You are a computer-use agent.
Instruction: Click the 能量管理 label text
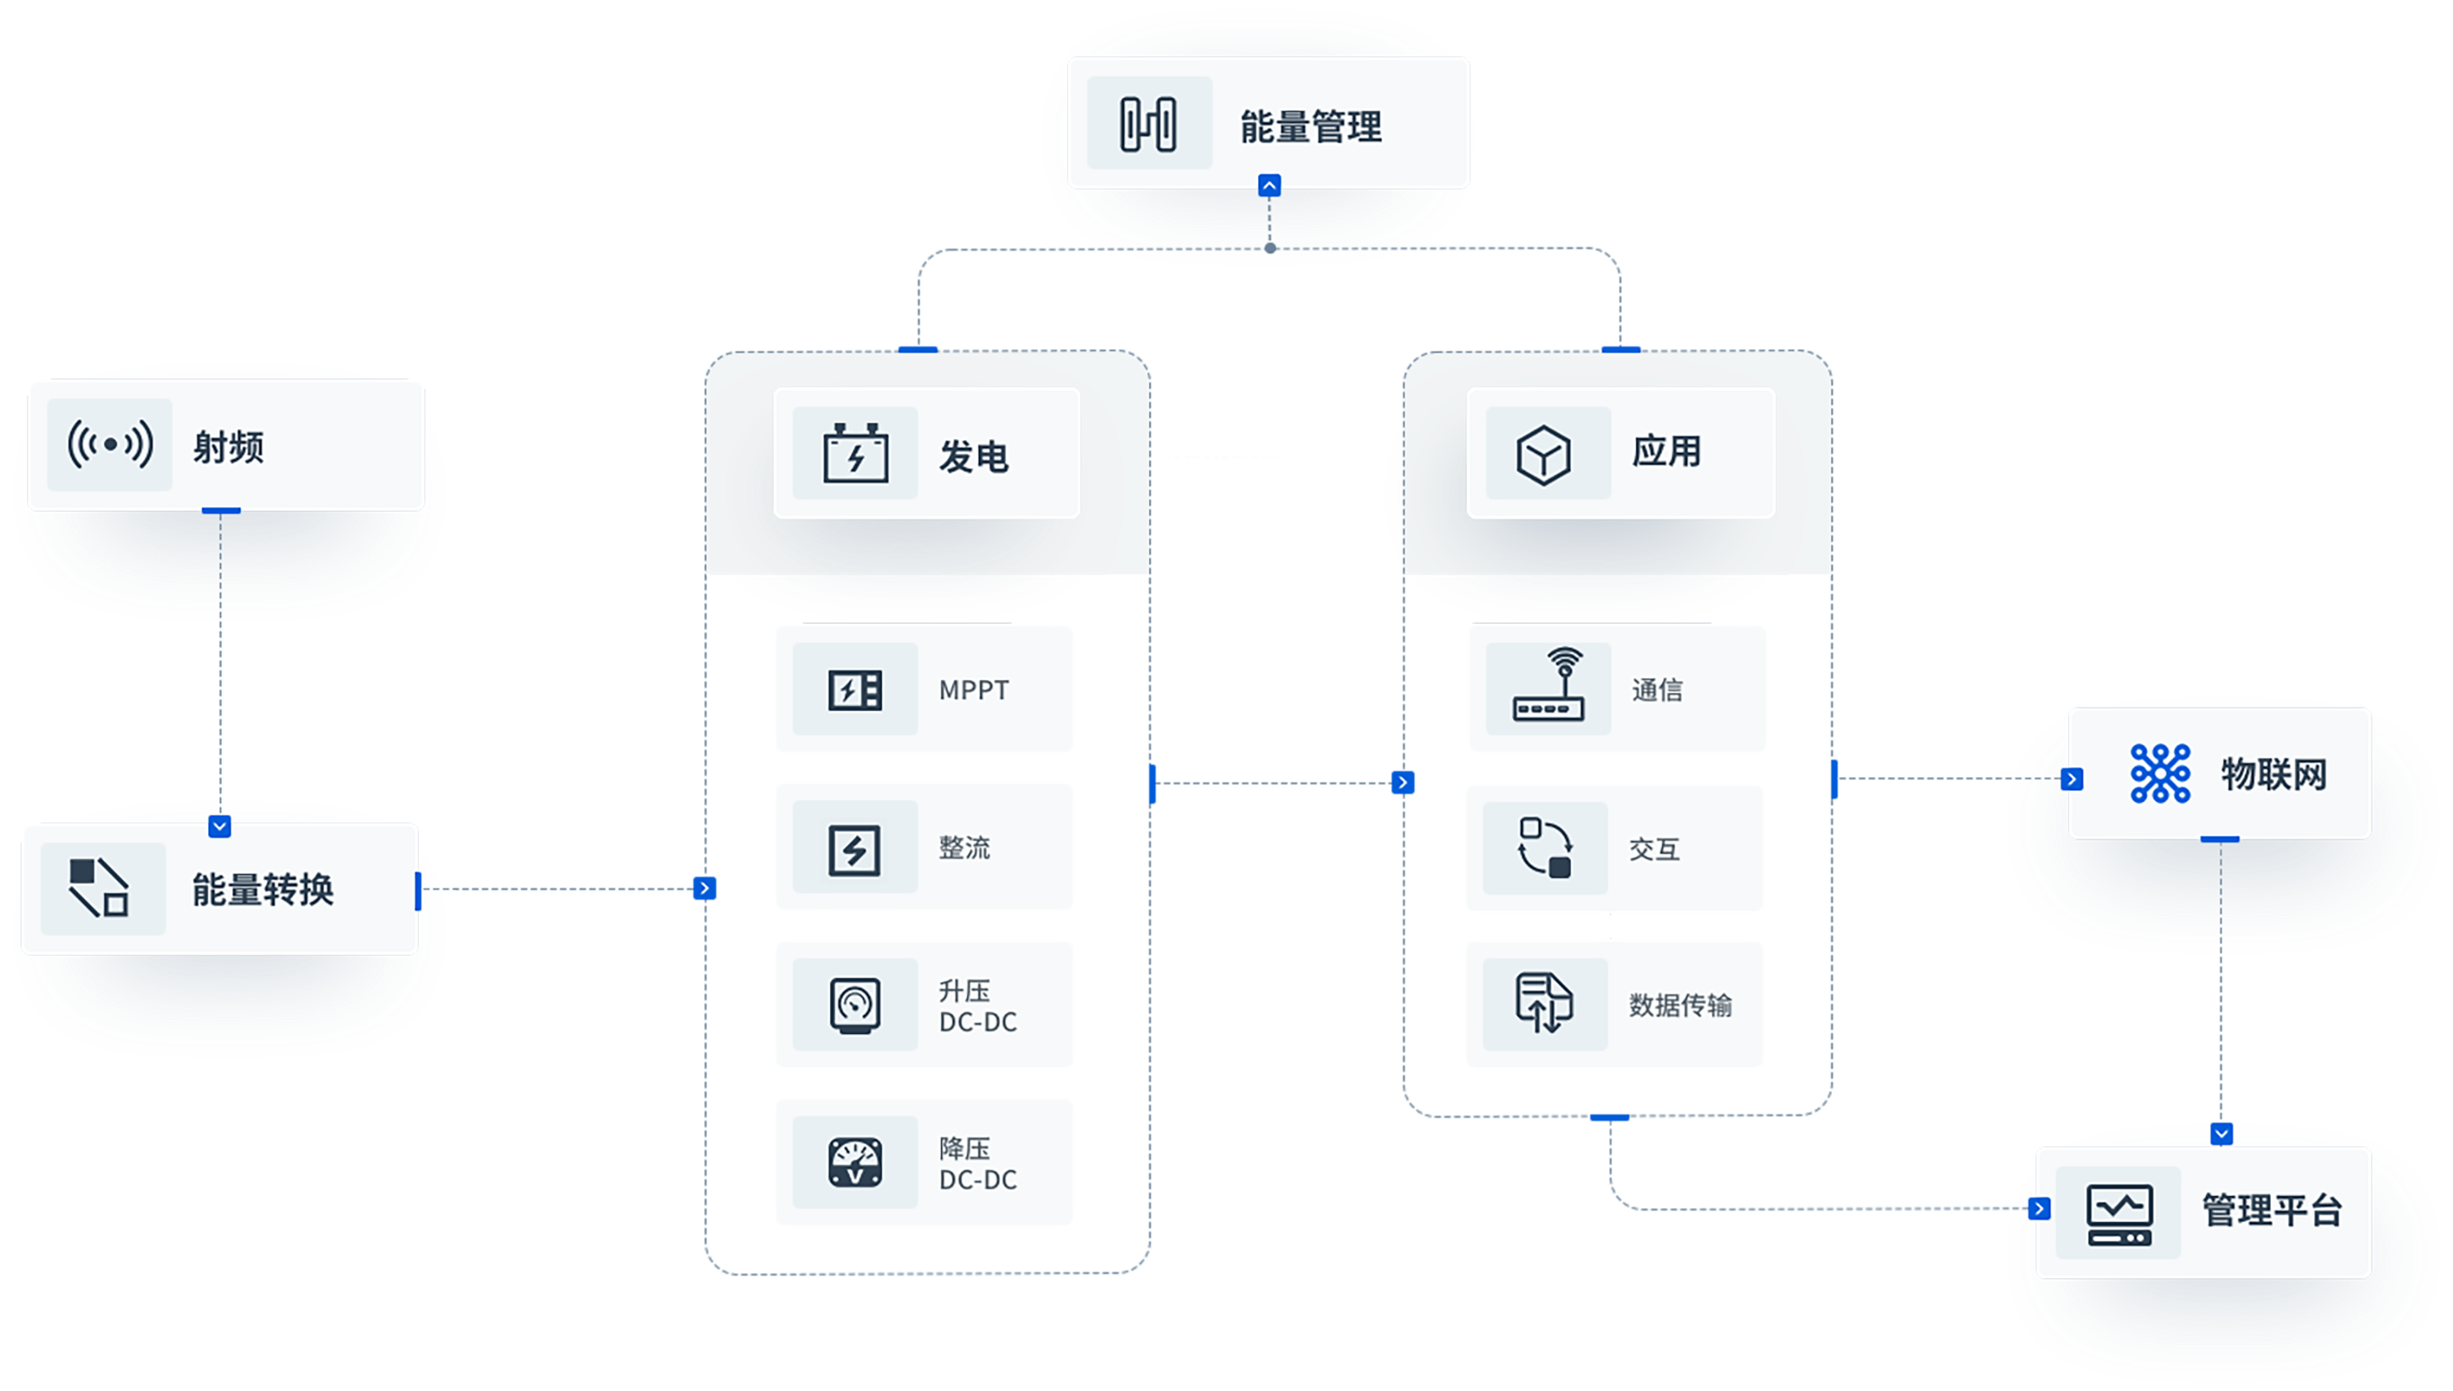click(x=1310, y=126)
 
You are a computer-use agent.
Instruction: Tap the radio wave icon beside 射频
click(x=110, y=445)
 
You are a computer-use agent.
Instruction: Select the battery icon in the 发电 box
click(x=855, y=454)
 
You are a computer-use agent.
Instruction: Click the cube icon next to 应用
click(x=1543, y=455)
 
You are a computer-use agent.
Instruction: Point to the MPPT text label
click(x=973, y=690)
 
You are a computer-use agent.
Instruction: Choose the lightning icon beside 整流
click(x=855, y=848)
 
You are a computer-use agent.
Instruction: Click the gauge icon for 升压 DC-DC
click(x=855, y=1004)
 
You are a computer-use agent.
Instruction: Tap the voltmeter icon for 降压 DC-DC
click(x=855, y=1162)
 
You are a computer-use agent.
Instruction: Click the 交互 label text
click(x=1654, y=849)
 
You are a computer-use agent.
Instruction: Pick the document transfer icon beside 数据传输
click(x=1544, y=1003)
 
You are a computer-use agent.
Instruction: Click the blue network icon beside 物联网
click(x=2161, y=773)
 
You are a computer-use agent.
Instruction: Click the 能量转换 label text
click(x=263, y=889)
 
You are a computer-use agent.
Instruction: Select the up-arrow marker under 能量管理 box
click(x=1269, y=185)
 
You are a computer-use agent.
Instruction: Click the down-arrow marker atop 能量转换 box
click(x=220, y=826)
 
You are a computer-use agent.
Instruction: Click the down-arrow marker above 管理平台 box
click(x=2221, y=1133)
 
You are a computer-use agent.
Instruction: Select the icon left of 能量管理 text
click(x=1148, y=124)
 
